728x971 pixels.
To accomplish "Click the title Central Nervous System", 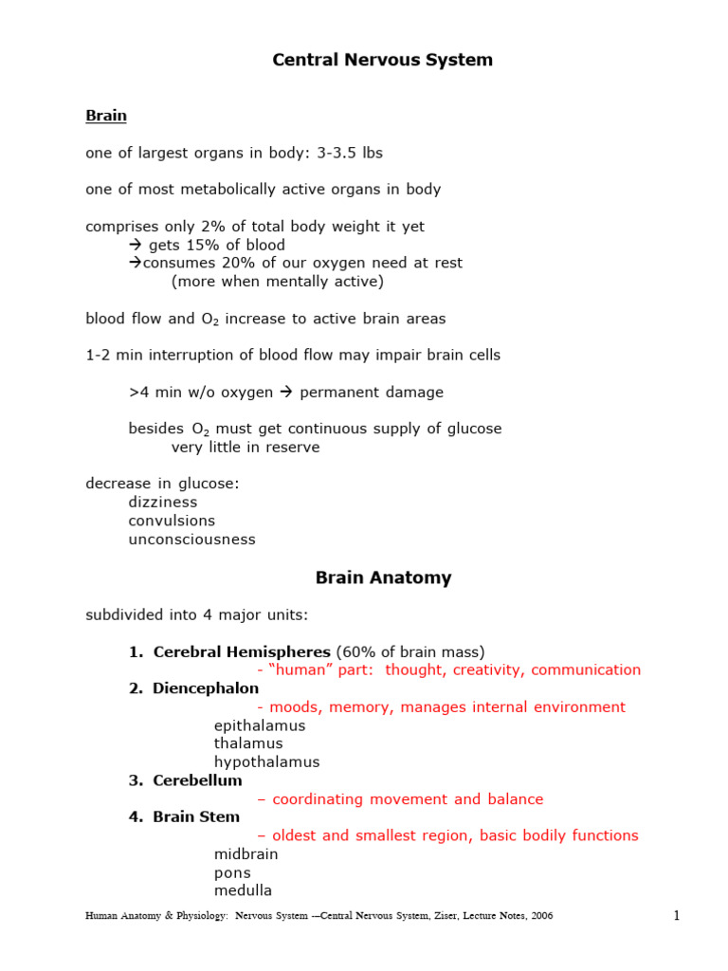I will pyautogui.click(x=382, y=60).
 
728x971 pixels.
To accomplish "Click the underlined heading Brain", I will pyautogui.click(x=106, y=116).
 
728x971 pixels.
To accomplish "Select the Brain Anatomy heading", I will pyautogui.click(x=383, y=577).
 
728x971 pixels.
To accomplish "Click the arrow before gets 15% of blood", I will pyautogui.click(x=135, y=246).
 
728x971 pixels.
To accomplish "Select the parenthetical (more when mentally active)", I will pyautogui.click(x=278, y=282).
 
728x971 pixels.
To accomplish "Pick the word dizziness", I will pyautogui.click(x=163, y=503).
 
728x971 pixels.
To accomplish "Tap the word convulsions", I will pyautogui.click(x=172, y=522).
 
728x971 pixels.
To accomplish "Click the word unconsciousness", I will pyautogui.click(x=191, y=540).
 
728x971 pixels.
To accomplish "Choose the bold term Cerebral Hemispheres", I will pyautogui.click(x=242, y=651).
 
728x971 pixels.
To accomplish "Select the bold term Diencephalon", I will pyautogui.click(x=206, y=688).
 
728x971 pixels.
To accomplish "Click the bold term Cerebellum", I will pyautogui.click(x=197, y=780).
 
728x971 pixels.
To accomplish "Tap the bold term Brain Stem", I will pyautogui.click(x=196, y=816).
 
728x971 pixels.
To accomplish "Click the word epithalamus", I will pyautogui.click(x=260, y=725).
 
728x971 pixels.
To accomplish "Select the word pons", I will pyautogui.click(x=232, y=872).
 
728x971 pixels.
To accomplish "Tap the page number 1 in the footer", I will pyautogui.click(x=676, y=916).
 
